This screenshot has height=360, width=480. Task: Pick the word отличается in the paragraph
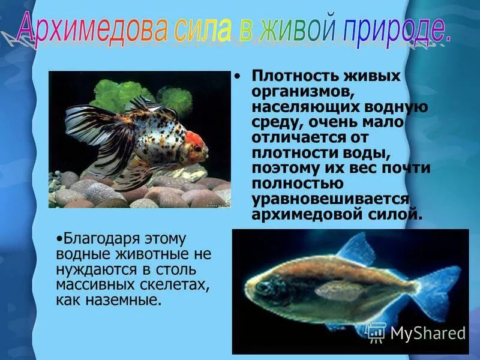(301, 137)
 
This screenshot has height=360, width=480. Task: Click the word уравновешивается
(331, 198)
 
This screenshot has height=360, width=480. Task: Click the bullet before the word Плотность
(238, 77)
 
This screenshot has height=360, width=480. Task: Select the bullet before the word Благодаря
(59, 238)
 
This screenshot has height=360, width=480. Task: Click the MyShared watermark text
(427, 332)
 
